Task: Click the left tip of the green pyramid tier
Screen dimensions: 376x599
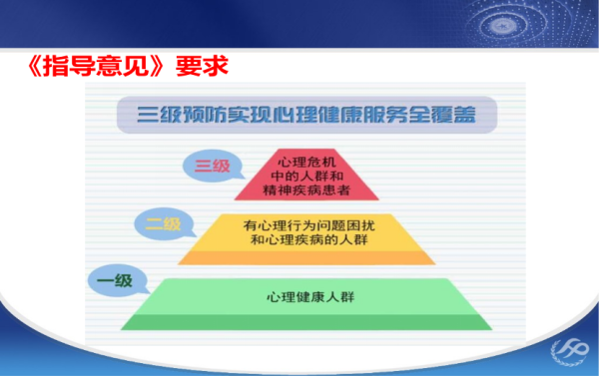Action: tap(124, 326)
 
